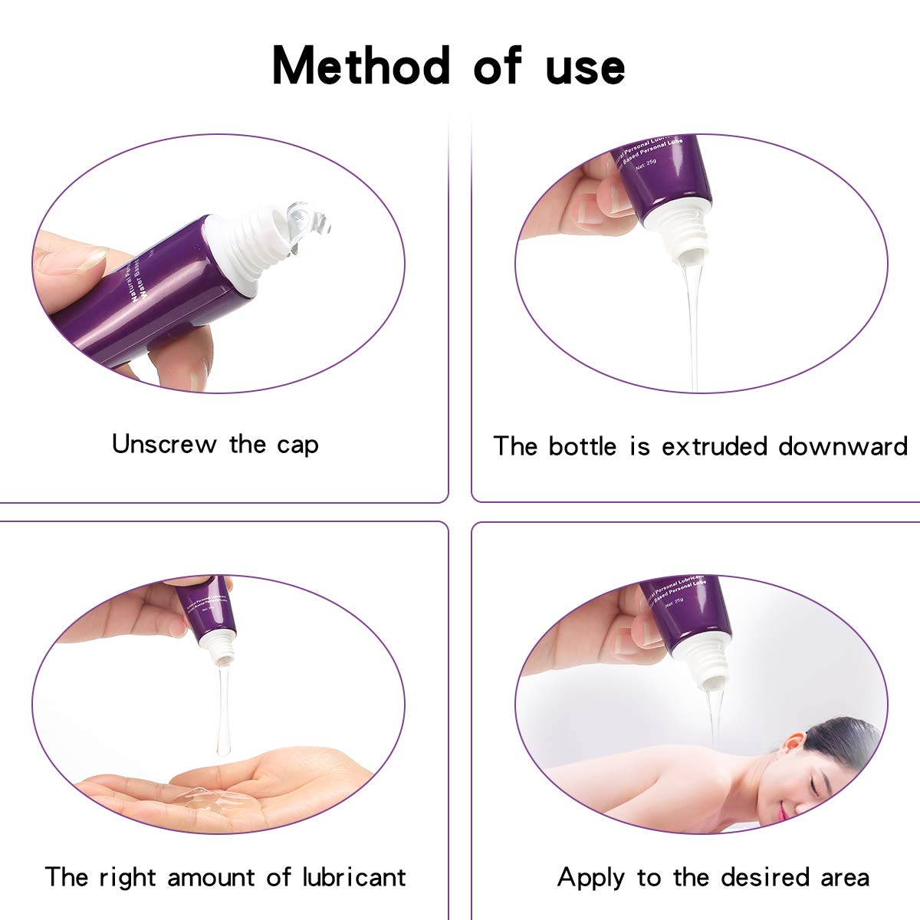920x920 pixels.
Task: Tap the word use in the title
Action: click(585, 67)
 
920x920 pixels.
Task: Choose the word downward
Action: click(843, 446)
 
